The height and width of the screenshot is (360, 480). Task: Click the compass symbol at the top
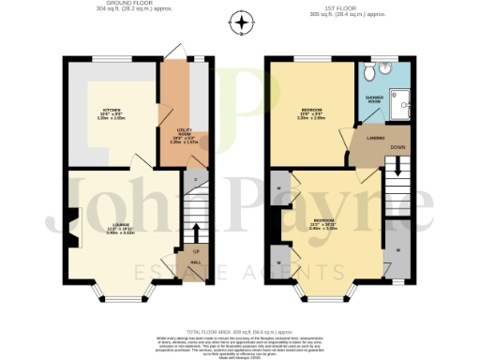242,22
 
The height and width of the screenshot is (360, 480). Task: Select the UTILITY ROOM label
186,139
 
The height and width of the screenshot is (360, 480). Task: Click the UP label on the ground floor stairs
195,252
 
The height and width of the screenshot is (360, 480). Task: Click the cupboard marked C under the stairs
195,178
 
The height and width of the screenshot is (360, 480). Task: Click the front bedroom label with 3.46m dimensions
324,225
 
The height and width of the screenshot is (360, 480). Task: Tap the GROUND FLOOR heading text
111,5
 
